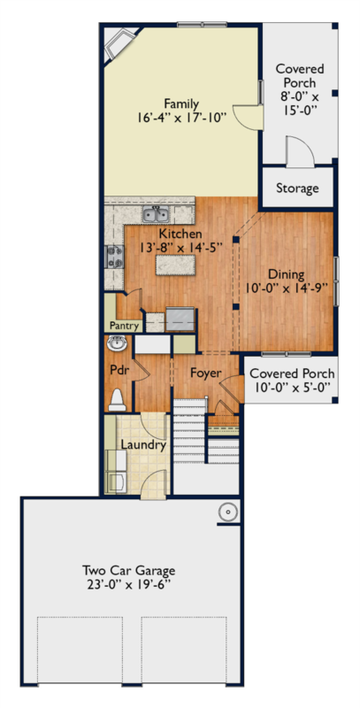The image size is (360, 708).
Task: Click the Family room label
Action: (x=181, y=104)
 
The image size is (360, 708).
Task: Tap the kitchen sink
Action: (x=156, y=213)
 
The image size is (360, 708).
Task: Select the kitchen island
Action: (x=175, y=265)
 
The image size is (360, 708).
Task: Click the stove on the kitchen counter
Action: (x=115, y=257)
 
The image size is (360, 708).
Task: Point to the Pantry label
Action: (x=124, y=326)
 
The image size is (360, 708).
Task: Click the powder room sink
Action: (x=118, y=344)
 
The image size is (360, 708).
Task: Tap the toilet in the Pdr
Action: (x=118, y=400)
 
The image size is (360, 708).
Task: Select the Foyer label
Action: (x=206, y=373)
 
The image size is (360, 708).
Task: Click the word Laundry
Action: (x=143, y=445)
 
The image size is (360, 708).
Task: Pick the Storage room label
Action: (x=297, y=188)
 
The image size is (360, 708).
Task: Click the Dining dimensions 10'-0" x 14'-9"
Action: (x=286, y=288)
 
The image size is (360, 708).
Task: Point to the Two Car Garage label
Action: (x=128, y=570)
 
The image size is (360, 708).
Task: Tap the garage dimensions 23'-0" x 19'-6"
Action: (x=128, y=584)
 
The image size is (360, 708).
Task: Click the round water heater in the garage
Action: (x=228, y=512)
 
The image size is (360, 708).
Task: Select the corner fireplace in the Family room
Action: (x=119, y=44)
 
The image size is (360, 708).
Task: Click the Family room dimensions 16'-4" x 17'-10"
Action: (x=181, y=118)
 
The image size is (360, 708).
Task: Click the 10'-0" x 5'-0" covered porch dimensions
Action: (x=292, y=387)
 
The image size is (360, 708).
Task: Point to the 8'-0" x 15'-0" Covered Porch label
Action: (x=300, y=89)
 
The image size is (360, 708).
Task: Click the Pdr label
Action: (x=119, y=370)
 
